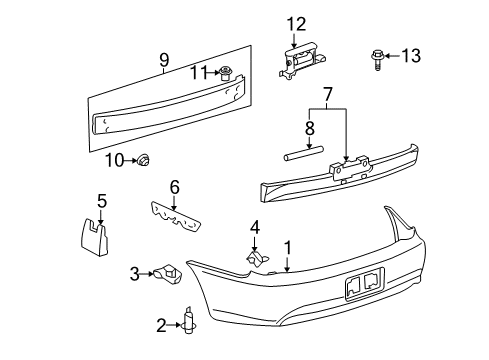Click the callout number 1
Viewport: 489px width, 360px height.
[x=287, y=245]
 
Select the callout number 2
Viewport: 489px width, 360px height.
[x=160, y=323]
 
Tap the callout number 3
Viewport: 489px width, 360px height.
[x=133, y=272]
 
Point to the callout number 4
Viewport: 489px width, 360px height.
[x=255, y=227]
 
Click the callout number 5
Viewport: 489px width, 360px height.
[x=101, y=200]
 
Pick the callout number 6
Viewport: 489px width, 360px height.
[x=174, y=186]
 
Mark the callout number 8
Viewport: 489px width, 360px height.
[x=309, y=127]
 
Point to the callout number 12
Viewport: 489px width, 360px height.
[x=295, y=23]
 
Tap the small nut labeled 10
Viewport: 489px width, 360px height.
[x=144, y=158]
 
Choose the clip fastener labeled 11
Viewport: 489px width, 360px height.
[x=227, y=72]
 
